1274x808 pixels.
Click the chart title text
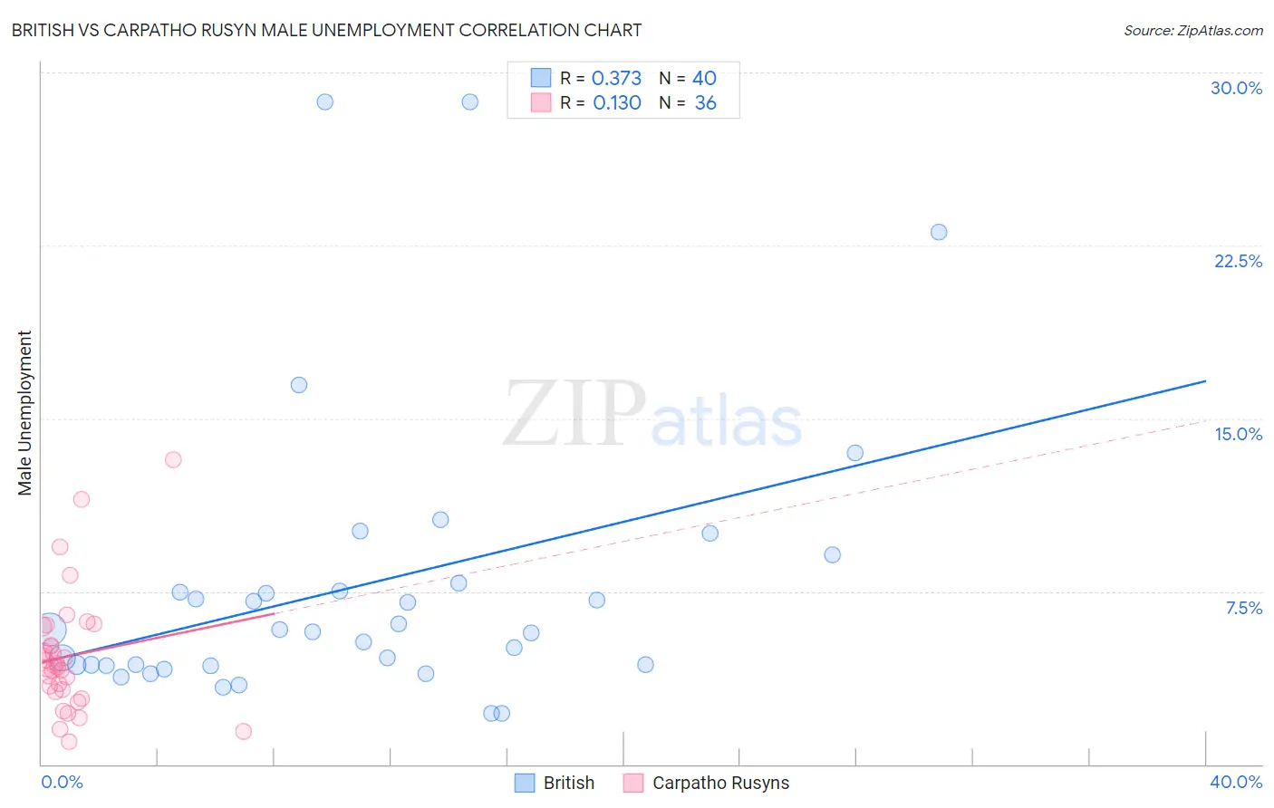point(326,30)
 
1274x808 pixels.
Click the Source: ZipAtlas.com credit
point(1192,31)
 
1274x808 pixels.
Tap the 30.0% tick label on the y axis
point(1236,88)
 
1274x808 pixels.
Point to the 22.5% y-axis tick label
point(1238,261)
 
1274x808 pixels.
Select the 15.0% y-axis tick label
point(1238,434)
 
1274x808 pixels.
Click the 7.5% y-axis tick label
point(1243,608)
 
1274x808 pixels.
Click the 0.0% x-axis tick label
point(62,782)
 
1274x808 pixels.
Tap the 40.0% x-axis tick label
point(1236,782)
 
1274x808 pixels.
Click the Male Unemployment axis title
point(24,413)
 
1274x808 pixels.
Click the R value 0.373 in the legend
point(616,79)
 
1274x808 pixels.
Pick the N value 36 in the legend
point(705,103)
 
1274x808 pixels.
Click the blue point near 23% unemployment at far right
point(939,232)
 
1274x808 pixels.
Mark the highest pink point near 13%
point(173,459)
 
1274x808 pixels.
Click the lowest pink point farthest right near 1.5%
point(243,731)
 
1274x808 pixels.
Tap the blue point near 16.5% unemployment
point(299,385)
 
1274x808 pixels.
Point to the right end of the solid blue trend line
point(1205,381)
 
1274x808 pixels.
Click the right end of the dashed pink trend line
point(1205,420)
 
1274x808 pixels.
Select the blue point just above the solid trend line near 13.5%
point(854,453)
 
